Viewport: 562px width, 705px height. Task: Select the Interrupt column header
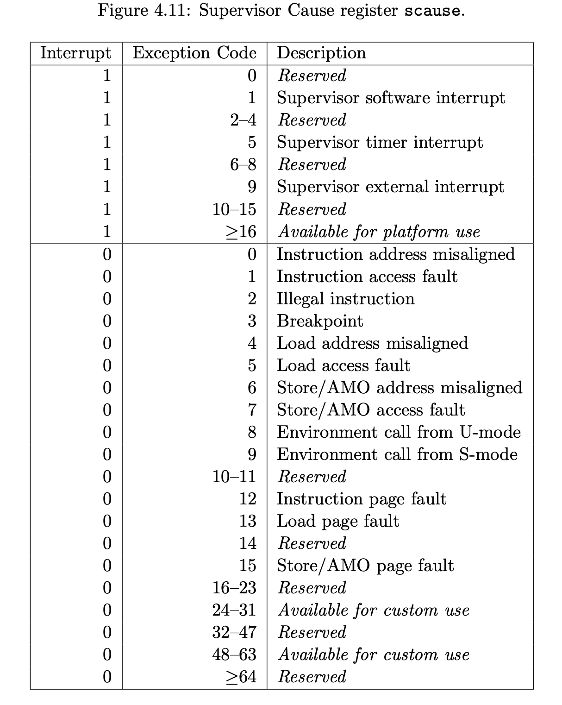(76, 53)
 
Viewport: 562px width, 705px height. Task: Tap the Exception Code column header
(194, 53)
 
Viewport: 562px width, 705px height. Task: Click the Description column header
(321, 53)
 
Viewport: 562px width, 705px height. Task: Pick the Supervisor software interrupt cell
(391, 98)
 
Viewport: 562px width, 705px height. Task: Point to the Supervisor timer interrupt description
(380, 142)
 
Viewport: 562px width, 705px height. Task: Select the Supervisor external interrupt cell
(390, 187)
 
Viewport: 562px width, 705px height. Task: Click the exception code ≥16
(241, 231)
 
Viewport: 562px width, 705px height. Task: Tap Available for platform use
(379, 231)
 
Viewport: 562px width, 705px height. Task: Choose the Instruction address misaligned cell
(396, 254)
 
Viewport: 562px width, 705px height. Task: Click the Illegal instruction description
(345, 299)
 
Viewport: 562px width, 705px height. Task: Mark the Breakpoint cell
(320, 321)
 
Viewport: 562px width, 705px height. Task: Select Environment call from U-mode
(399, 432)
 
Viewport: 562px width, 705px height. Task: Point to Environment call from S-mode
(397, 454)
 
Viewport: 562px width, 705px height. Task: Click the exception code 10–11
(234, 476)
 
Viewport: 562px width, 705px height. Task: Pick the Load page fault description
(338, 521)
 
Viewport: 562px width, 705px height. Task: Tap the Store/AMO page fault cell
(365, 566)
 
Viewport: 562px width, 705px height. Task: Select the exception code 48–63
(234, 655)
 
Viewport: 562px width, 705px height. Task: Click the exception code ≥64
(241, 677)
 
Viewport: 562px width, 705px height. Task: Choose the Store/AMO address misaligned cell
(400, 388)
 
